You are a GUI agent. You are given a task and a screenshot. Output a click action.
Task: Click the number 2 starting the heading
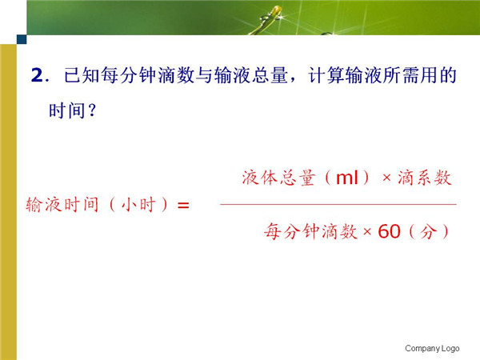point(37,75)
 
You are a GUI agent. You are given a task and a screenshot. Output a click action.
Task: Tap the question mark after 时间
point(92,110)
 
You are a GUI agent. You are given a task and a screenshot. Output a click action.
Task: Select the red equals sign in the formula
point(183,205)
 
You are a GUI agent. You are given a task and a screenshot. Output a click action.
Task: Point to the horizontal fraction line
point(338,204)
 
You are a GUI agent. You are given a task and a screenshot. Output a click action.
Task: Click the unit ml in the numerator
point(347,178)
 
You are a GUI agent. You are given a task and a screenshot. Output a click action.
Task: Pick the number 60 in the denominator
point(389,231)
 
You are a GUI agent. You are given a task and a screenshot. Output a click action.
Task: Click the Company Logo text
point(432,348)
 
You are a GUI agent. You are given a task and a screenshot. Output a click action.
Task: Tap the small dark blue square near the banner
point(22,39)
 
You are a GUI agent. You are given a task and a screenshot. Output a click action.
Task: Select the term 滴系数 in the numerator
point(425,178)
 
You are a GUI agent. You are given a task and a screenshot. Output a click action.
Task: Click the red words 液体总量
point(278,178)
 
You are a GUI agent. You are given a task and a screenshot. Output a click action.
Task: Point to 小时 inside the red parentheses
point(138,205)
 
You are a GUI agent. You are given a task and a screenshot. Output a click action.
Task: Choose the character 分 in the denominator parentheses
point(428,231)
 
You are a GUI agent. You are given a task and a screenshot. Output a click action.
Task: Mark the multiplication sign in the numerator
point(386,178)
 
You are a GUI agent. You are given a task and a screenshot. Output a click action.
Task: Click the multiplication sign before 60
point(367,232)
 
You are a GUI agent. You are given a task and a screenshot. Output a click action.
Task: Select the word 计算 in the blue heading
point(326,75)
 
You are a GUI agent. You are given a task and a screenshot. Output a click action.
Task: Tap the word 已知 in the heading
point(82,75)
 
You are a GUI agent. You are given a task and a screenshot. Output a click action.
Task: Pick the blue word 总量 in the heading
point(270,75)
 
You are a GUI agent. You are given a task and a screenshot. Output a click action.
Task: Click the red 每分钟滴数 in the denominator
point(310,231)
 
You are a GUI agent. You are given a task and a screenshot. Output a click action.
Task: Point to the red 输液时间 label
point(62,205)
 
